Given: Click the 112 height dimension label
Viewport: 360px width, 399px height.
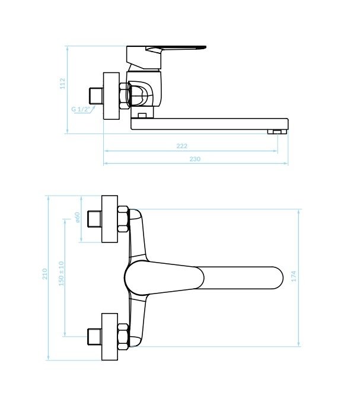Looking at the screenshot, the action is point(63,84).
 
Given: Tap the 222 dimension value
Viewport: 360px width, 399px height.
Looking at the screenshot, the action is point(182,146).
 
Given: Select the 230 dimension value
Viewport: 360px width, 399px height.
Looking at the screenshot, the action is point(195,159).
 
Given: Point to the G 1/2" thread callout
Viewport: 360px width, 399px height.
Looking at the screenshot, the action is point(81,109).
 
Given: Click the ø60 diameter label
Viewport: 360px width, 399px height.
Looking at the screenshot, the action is point(78,218).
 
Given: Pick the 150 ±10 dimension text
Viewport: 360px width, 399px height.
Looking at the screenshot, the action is point(61,273).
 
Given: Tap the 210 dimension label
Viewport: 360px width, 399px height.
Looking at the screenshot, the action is point(45,274).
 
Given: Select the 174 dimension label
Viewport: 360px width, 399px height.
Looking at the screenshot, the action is point(294,276).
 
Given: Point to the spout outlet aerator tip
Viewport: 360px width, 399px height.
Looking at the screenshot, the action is point(277,132).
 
